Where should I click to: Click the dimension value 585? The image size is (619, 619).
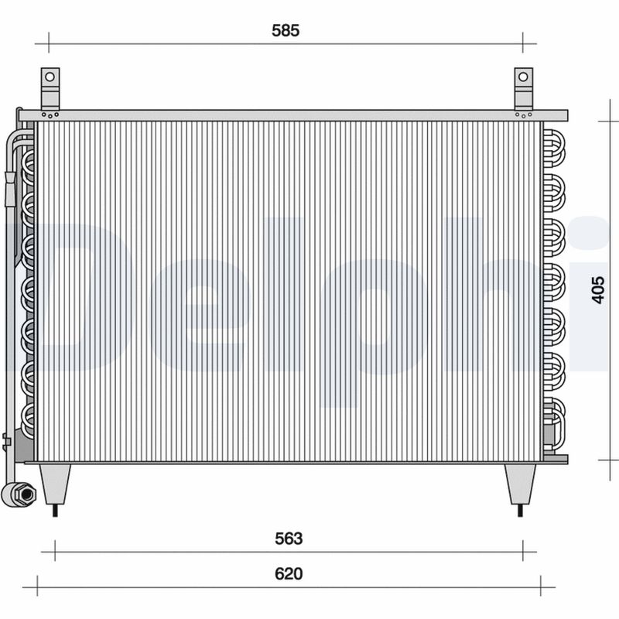[x=285, y=31]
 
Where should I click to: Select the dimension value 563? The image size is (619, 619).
[x=288, y=539]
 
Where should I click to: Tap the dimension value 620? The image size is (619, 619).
[x=288, y=574]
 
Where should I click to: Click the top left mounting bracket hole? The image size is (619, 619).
[x=50, y=77]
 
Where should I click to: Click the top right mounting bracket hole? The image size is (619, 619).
[x=524, y=77]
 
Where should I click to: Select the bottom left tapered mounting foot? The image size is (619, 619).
[x=55, y=483]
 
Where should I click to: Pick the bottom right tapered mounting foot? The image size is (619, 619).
[x=520, y=483]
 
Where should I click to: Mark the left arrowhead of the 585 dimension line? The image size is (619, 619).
[x=48, y=43]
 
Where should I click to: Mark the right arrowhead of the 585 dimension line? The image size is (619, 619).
[x=524, y=43]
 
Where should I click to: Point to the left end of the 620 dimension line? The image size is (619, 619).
[x=37, y=587]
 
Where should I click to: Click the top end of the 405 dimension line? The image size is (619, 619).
[x=610, y=121]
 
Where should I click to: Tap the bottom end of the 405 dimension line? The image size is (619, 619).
[x=610, y=460]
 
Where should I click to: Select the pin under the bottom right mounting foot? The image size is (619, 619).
[x=520, y=510]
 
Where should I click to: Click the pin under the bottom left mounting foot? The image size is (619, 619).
[x=55, y=510]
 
